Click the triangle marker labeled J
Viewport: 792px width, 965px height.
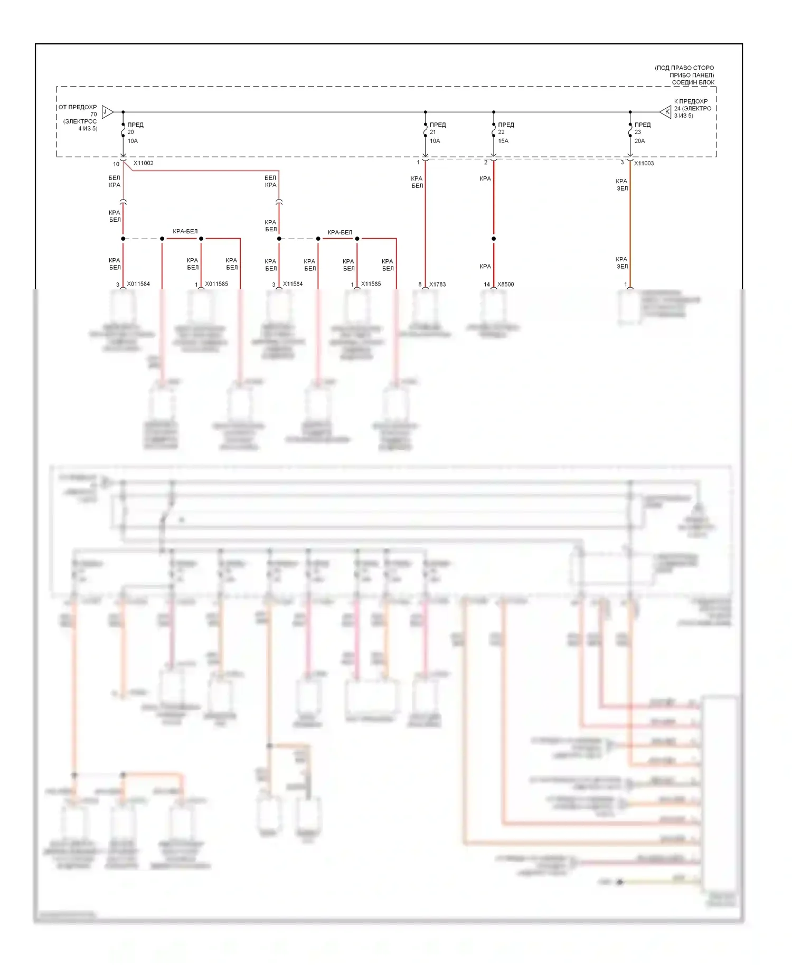[107, 112]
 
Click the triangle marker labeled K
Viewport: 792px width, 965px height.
[666, 112]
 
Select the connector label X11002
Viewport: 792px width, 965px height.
[143, 163]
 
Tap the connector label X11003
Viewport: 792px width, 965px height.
[644, 164]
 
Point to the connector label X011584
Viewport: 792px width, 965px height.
[138, 284]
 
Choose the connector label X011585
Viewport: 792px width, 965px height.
[216, 284]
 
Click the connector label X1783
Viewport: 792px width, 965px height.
[437, 285]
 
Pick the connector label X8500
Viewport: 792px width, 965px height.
[505, 285]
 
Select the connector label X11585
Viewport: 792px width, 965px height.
[371, 284]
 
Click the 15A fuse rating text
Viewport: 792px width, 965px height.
[503, 141]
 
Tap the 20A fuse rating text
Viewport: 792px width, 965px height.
[639, 141]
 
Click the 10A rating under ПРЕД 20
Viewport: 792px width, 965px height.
[133, 141]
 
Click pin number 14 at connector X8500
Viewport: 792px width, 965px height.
[487, 285]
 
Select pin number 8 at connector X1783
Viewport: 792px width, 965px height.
[420, 285]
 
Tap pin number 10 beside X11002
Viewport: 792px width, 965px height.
[116, 164]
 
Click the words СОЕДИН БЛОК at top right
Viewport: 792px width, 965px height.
[693, 82]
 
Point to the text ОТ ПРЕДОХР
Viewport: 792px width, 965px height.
[78, 107]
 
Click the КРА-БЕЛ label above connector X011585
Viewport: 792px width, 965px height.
[185, 231]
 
